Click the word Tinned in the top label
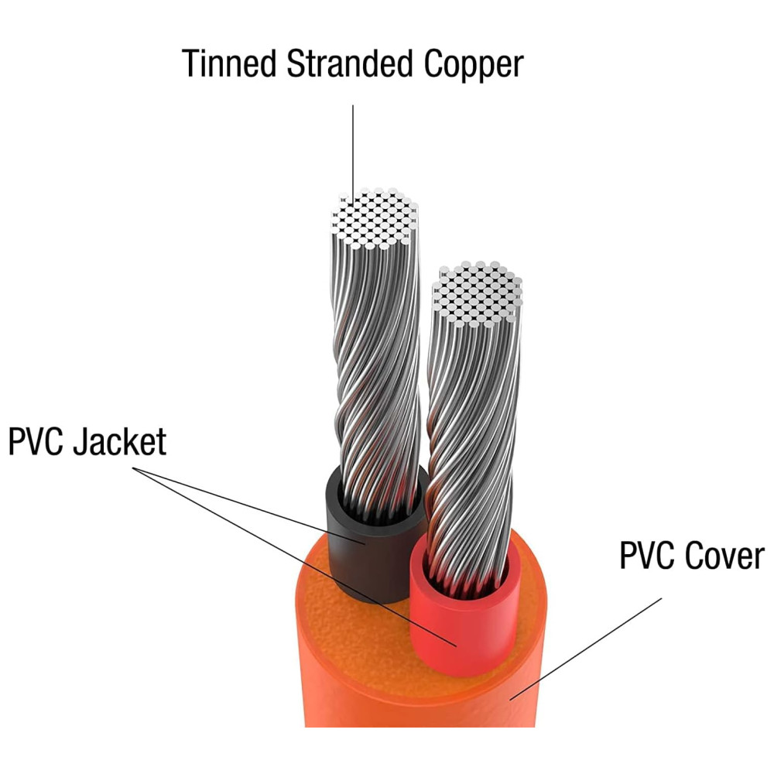tap(229, 63)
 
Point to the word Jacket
tap(120, 441)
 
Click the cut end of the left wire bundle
tap(375, 218)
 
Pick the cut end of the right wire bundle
tap(477, 293)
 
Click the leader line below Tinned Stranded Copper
tap(352, 154)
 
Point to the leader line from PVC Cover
tap(585, 649)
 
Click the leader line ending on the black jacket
tap(248, 505)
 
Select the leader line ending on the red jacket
tap(294, 557)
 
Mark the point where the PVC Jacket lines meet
tap(134, 467)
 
